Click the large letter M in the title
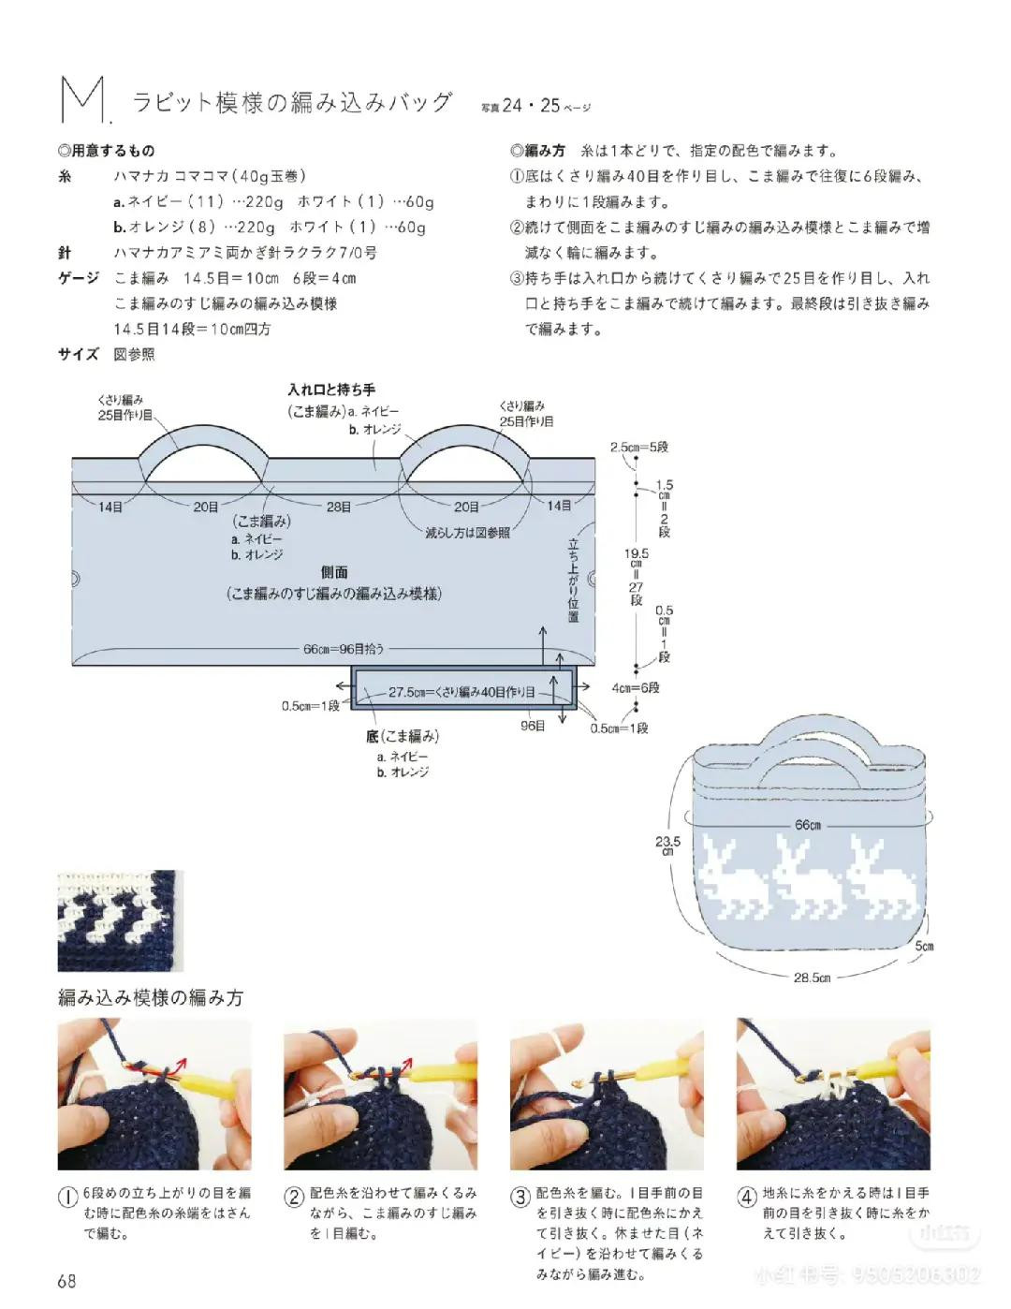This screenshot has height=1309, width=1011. point(81,100)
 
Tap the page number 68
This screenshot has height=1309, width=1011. point(66,1281)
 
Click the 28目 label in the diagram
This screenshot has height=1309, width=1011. point(339,507)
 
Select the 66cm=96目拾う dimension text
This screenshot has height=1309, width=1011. point(344,648)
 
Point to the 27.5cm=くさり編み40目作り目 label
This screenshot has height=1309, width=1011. point(462,692)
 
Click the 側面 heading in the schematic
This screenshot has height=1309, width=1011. point(334,572)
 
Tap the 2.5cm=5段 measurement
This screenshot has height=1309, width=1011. point(639,448)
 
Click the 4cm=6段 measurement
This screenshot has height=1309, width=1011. point(636,687)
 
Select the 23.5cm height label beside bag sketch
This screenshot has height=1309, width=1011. point(667,846)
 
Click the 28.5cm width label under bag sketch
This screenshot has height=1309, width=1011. point(812,978)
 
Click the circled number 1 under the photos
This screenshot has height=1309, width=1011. point(67,1198)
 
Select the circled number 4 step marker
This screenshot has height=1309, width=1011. point(747,1198)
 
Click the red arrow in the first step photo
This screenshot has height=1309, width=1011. point(174,1066)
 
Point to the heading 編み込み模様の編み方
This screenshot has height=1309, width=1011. point(151,998)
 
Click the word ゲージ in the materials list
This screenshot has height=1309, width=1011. point(79,278)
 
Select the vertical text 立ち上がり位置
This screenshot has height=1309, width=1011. point(573,581)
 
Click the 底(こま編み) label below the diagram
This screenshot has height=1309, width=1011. point(403,737)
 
